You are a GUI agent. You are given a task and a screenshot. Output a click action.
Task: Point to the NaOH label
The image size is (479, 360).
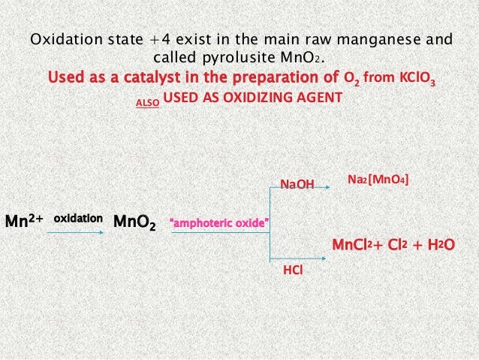(297, 183)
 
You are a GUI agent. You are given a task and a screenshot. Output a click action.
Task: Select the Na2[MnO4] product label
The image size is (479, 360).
(379, 180)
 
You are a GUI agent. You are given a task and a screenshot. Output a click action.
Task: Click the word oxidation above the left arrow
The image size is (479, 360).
(78, 218)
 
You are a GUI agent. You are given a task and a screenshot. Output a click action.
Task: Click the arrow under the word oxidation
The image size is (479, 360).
(76, 234)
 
